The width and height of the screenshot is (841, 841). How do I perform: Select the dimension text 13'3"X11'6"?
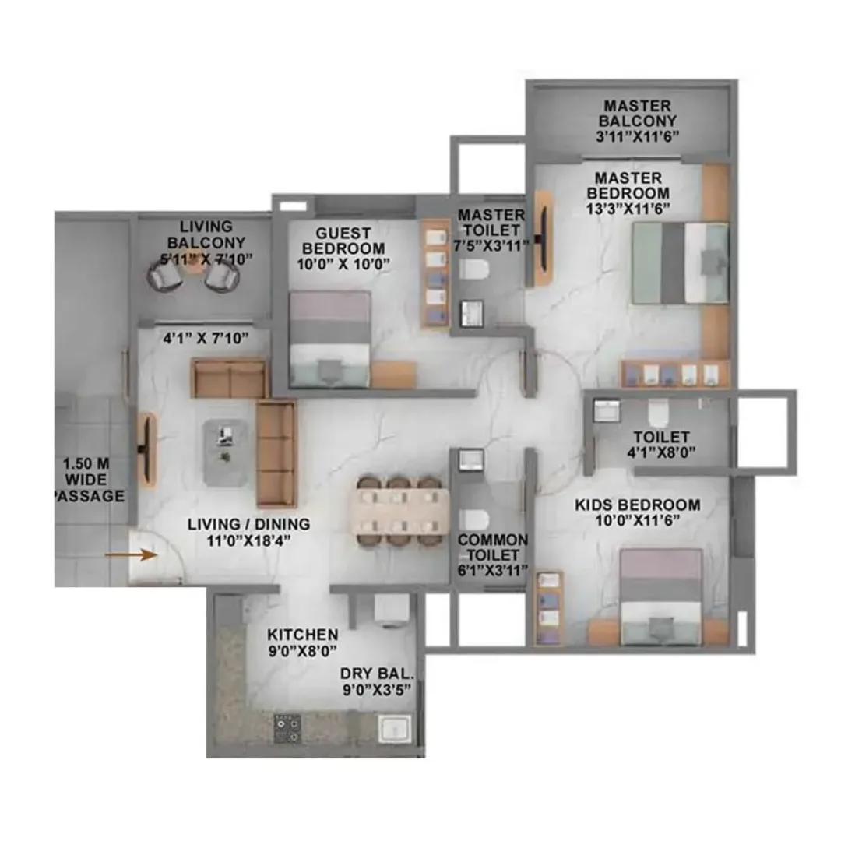628,208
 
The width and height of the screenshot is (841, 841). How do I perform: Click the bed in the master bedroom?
680,262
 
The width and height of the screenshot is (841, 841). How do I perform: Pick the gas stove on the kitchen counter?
287,727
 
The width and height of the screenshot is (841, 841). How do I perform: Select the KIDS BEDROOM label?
637,505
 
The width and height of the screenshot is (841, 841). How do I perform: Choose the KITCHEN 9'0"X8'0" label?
302,643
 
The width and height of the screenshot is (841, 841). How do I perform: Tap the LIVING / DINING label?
248,524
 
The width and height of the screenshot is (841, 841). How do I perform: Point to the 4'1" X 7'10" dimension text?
204,338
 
